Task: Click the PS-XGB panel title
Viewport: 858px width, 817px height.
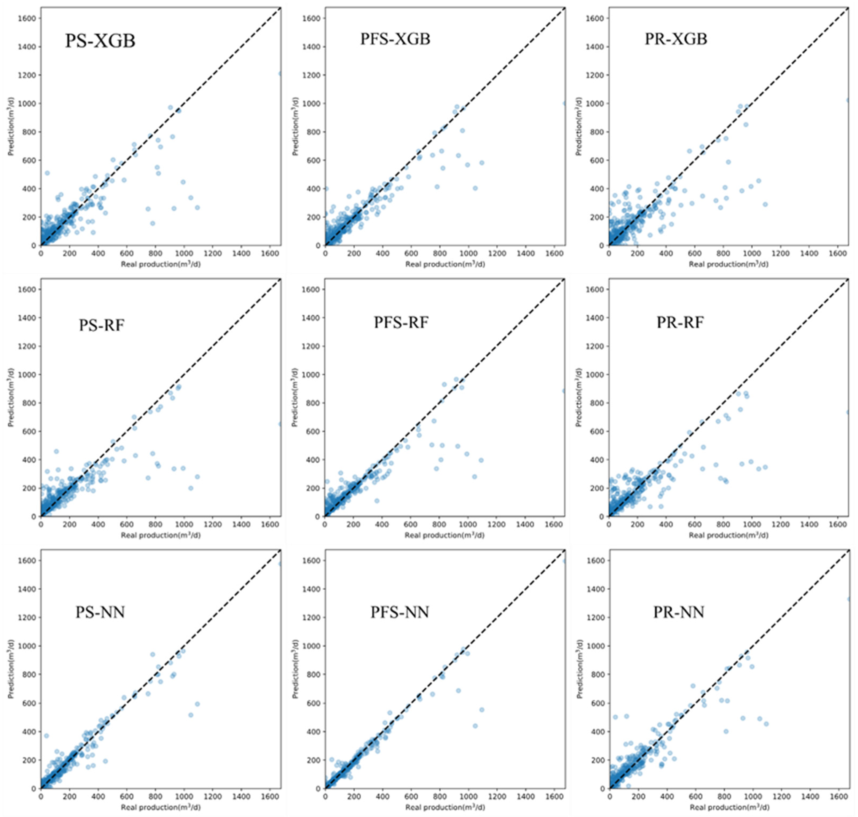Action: pos(100,41)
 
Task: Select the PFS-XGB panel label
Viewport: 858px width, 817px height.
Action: pos(395,39)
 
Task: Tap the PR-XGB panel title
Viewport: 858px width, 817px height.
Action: pos(676,39)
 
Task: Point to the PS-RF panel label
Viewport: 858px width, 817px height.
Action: pos(101,325)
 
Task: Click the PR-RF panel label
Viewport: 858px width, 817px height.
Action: pos(680,322)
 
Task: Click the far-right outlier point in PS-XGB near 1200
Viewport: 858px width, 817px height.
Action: pos(280,74)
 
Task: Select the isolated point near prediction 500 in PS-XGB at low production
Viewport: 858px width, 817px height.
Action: pos(47,173)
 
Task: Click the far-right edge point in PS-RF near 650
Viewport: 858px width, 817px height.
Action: pos(280,424)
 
